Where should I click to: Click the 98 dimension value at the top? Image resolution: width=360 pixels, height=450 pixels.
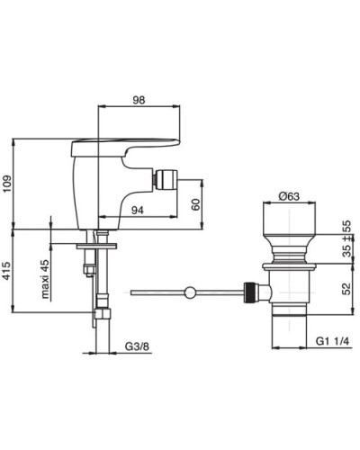click(139, 100)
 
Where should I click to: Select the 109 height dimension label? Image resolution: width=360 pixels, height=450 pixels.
click(7, 184)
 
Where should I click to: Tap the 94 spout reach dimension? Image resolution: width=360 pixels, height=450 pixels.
click(138, 211)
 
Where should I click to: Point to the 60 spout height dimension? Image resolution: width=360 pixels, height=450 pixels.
click(195, 204)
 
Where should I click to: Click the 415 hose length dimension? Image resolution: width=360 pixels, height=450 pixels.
click(7, 271)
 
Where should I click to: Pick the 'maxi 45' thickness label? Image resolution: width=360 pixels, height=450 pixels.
click(45, 279)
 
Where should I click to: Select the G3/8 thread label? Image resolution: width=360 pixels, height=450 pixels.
click(137, 346)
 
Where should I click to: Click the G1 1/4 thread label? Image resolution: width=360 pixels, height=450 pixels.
click(333, 341)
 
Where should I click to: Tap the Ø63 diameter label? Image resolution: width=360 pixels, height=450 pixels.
click(289, 196)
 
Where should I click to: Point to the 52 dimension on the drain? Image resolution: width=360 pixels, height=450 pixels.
click(346, 289)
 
